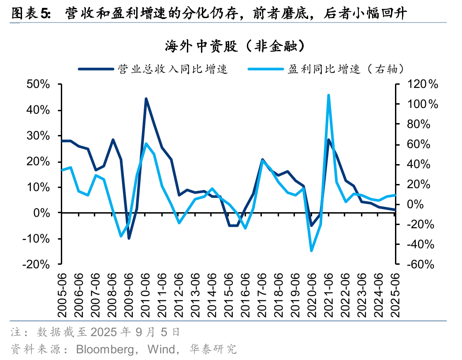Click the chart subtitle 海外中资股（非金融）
click(231, 46)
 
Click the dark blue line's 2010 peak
click(146, 99)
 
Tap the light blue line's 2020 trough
click(312, 251)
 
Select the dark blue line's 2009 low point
click(129, 238)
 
